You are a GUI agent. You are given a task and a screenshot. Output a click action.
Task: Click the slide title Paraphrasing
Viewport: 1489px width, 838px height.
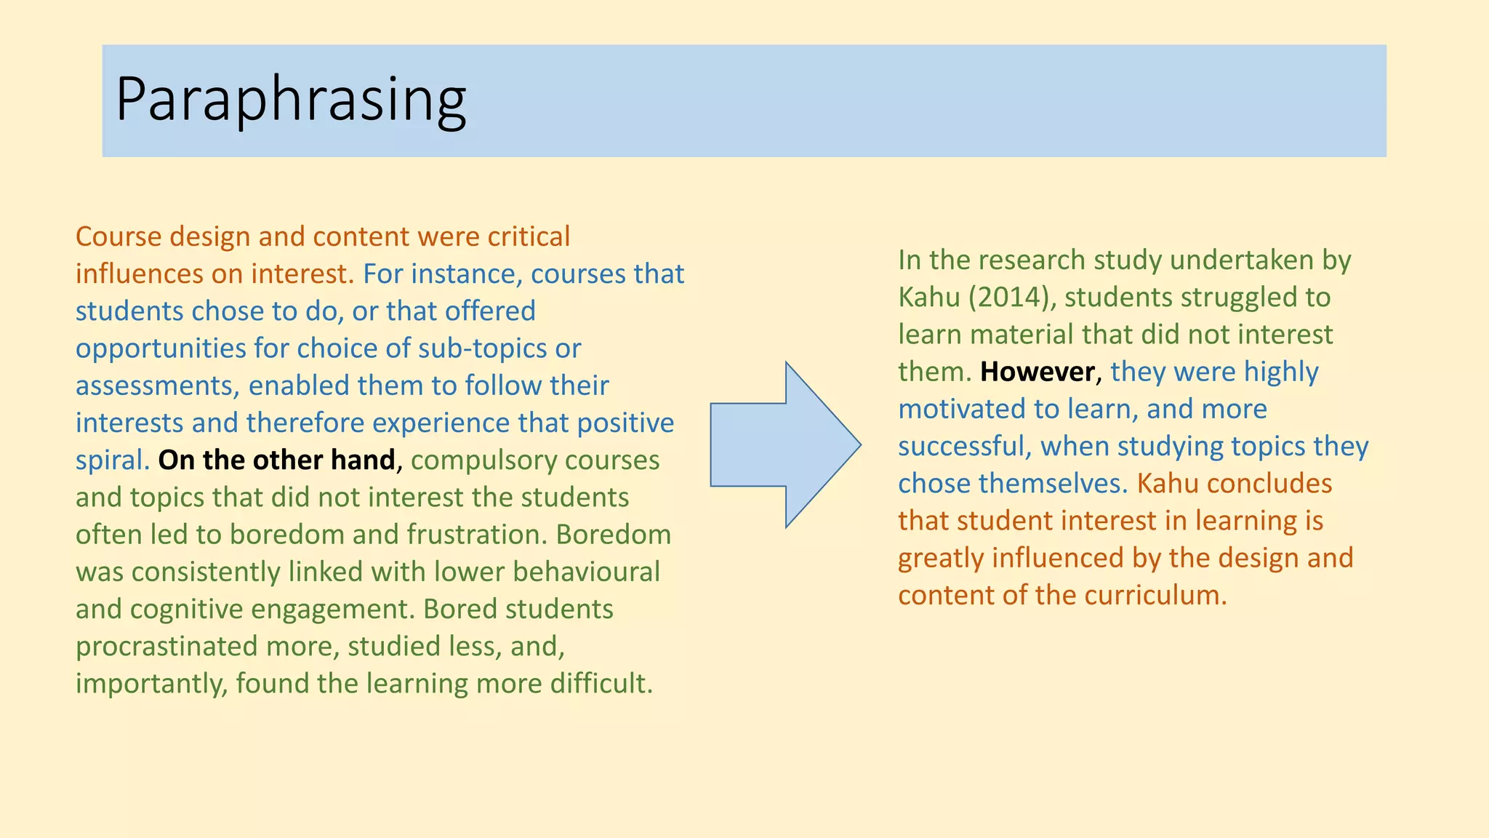point(291,100)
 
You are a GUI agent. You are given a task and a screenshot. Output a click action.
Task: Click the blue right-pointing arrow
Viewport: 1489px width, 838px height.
point(785,444)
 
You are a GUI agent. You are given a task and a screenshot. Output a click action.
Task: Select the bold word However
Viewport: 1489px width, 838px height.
point(1038,372)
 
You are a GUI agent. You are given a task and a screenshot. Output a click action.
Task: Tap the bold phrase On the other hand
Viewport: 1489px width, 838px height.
point(276,460)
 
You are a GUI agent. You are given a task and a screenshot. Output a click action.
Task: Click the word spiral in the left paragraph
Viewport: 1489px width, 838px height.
point(108,460)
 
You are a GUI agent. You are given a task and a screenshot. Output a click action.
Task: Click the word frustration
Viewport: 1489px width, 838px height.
point(472,535)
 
